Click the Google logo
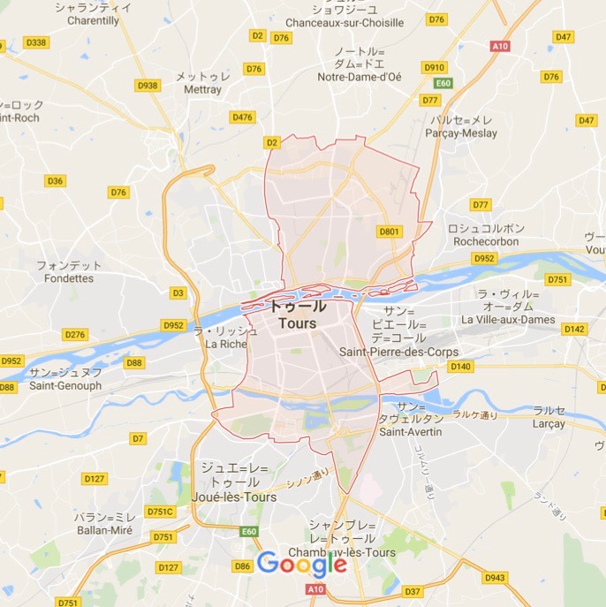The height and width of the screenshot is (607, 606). (x=303, y=563)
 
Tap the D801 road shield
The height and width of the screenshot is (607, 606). (x=390, y=231)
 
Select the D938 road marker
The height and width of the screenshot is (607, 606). (x=149, y=86)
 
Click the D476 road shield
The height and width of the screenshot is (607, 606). (x=241, y=118)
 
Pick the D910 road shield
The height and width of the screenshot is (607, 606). (x=435, y=66)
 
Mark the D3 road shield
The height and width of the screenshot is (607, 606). (x=178, y=292)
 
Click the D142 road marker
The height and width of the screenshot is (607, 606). (x=574, y=329)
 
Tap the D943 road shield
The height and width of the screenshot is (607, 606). (x=495, y=578)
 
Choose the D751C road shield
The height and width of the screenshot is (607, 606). (x=161, y=511)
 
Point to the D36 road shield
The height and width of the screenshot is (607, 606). (x=55, y=181)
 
